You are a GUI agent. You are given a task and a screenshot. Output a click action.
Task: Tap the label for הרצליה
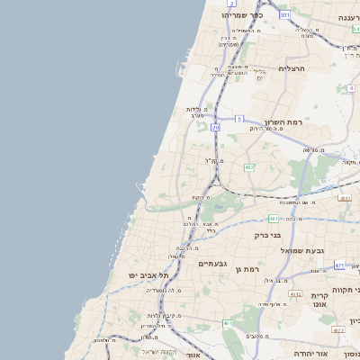pyautogui.click(x=293, y=68)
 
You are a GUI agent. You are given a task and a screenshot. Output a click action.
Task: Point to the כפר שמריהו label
pyautogui.click(x=242, y=15)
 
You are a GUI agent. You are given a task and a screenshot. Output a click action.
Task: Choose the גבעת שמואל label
pyautogui.click(x=301, y=250)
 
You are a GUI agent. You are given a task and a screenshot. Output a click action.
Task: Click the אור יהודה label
pyautogui.click(x=310, y=354)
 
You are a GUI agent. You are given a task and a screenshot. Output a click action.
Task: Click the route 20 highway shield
pyautogui.click(x=216, y=127)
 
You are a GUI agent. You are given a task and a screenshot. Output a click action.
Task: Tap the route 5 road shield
pyautogui.click(x=239, y=119)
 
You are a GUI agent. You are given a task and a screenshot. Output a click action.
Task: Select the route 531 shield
pyautogui.click(x=284, y=14)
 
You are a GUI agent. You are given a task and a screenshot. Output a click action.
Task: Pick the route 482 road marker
pyautogui.click(x=248, y=167)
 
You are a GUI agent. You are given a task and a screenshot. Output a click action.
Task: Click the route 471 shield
pyautogui.click(x=339, y=265)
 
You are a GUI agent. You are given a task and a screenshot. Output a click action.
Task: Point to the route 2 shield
pyautogui.click(x=232, y=4)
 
